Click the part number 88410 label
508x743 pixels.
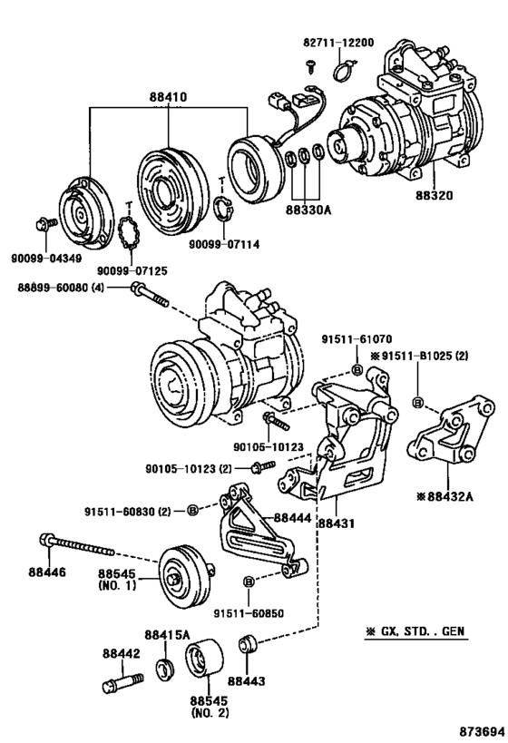168,95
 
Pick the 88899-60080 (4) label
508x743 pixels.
61,288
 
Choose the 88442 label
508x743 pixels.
120,652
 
